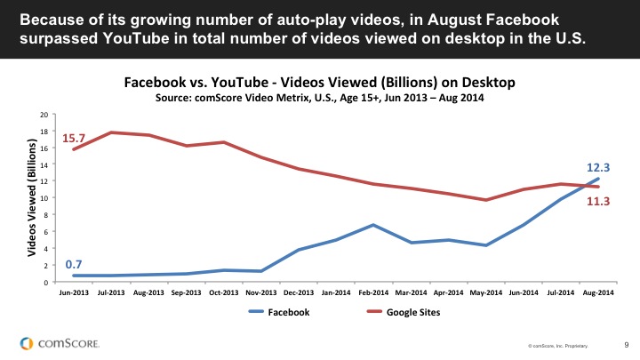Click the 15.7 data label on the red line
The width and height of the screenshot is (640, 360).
coord(73,138)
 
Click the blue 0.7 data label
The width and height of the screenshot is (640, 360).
coord(74,265)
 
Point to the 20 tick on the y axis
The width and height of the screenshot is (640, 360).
coord(43,116)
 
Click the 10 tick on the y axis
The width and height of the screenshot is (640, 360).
coord(43,199)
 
